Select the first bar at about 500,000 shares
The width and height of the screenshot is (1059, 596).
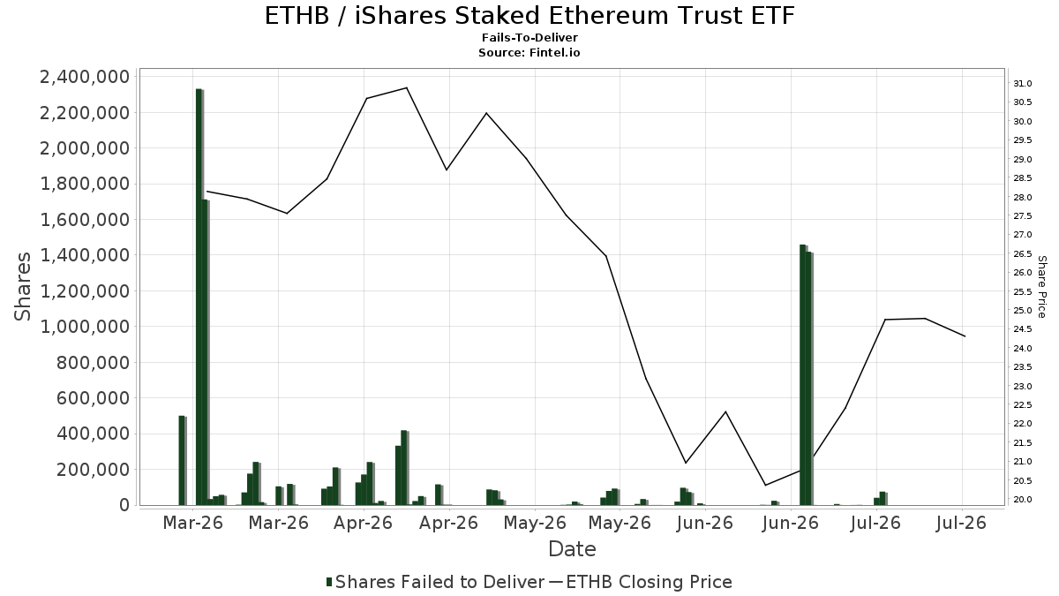(x=183, y=461)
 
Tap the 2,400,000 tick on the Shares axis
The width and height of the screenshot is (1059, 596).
(x=85, y=77)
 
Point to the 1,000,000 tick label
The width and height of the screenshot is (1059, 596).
(x=85, y=327)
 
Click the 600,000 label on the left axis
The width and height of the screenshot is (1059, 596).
(x=93, y=398)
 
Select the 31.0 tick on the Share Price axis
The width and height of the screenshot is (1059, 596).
(x=1022, y=84)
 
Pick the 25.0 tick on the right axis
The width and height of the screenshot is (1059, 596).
(x=1022, y=311)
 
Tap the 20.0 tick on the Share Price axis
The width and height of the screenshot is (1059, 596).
(x=1022, y=500)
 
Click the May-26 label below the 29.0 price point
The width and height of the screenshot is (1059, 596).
(x=535, y=523)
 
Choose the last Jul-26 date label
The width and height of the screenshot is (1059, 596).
(x=962, y=523)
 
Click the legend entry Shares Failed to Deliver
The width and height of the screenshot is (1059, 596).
(x=435, y=582)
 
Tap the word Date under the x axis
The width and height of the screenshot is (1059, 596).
(x=572, y=549)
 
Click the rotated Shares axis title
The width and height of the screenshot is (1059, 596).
(x=23, y=287)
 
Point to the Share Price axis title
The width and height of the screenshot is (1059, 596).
(x=1041, y=287)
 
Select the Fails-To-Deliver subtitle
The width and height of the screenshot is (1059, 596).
(x=529, y=37)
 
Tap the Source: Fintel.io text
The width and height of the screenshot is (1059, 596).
(x=529, y=52)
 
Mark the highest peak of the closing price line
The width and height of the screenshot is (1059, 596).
(x=407, y=87)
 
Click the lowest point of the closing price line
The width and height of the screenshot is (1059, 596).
(x=765, y=486)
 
